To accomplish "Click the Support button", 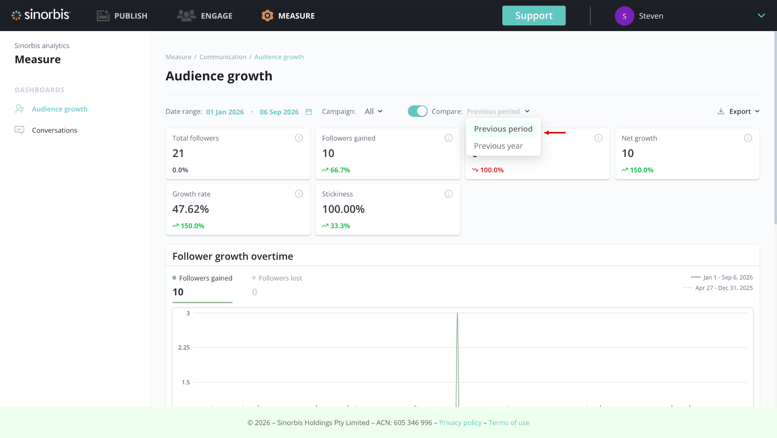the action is [534, 16].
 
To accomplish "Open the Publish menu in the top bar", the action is [122, 16].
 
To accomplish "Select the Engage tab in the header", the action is [204, 16].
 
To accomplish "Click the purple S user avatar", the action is [624, 16].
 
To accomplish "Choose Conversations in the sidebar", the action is [54, 130].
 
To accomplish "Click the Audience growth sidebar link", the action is [60, 109].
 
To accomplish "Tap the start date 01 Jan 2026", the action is [225, 112].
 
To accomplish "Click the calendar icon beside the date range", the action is [309, 112].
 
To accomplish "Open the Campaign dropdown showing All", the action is [374, 111].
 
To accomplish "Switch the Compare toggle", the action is [417, 111].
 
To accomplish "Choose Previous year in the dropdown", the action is [498, 146].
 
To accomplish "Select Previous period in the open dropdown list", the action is [503, 129].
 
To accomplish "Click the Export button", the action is [739, 111].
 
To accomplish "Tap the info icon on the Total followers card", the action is [299, 138].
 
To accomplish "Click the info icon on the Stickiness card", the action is [448, 194].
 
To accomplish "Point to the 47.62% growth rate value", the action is [190, 209].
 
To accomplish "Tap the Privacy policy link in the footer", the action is [460, 422].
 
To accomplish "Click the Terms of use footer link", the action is [509, 422].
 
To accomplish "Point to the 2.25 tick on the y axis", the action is [184, 347].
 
